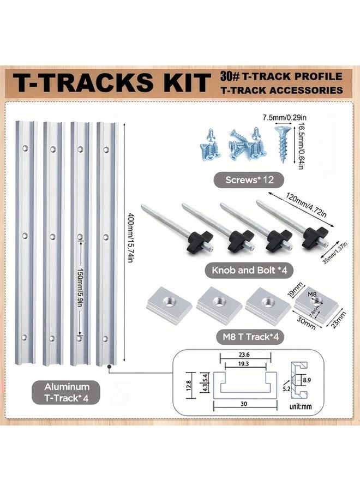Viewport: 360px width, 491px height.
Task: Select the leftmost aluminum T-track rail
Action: point(26,243)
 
